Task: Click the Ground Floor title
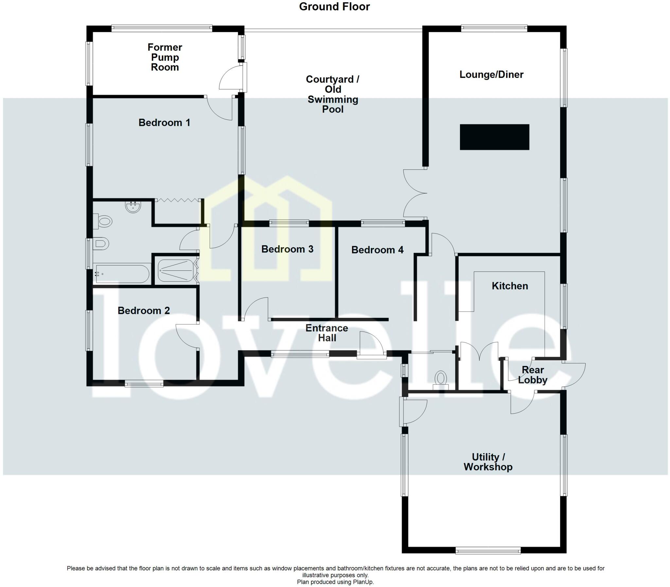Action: pyautogui.click(x=334, y=7)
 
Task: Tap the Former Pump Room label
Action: pyautogui.click(x=165, y=57)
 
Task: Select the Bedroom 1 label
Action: pyautogui.click(x=164, y=123)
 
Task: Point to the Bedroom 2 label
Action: pyautogui.click(x=144, y=311)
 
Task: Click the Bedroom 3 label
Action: pyautogui.click(x=287, y=249)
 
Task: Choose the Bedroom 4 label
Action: pyautogui.click(x=377, y=250)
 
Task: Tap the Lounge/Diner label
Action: pyautogui.click(x=491, y=74)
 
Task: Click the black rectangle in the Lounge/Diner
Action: pyautogui.click(x=494, y=137)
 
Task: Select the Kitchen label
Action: pyautogui.click(x=509, y=286)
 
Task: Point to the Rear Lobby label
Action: pyautogui.click(x=533, y=375)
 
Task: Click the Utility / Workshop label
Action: pyautogui.click(x=488, y=462)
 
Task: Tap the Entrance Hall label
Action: pyautogui.click(x=326, y=333)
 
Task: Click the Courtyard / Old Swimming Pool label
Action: pyautogui.click(x=332, y=94)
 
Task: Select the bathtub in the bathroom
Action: pyautogui.click(x=121, y=274)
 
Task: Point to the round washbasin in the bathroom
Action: pyautogui.click(x=133, y=207)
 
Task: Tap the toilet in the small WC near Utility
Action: pyautogui.click(x=441, y=379)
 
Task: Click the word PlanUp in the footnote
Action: pyautogui.click(x=362, y=582)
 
